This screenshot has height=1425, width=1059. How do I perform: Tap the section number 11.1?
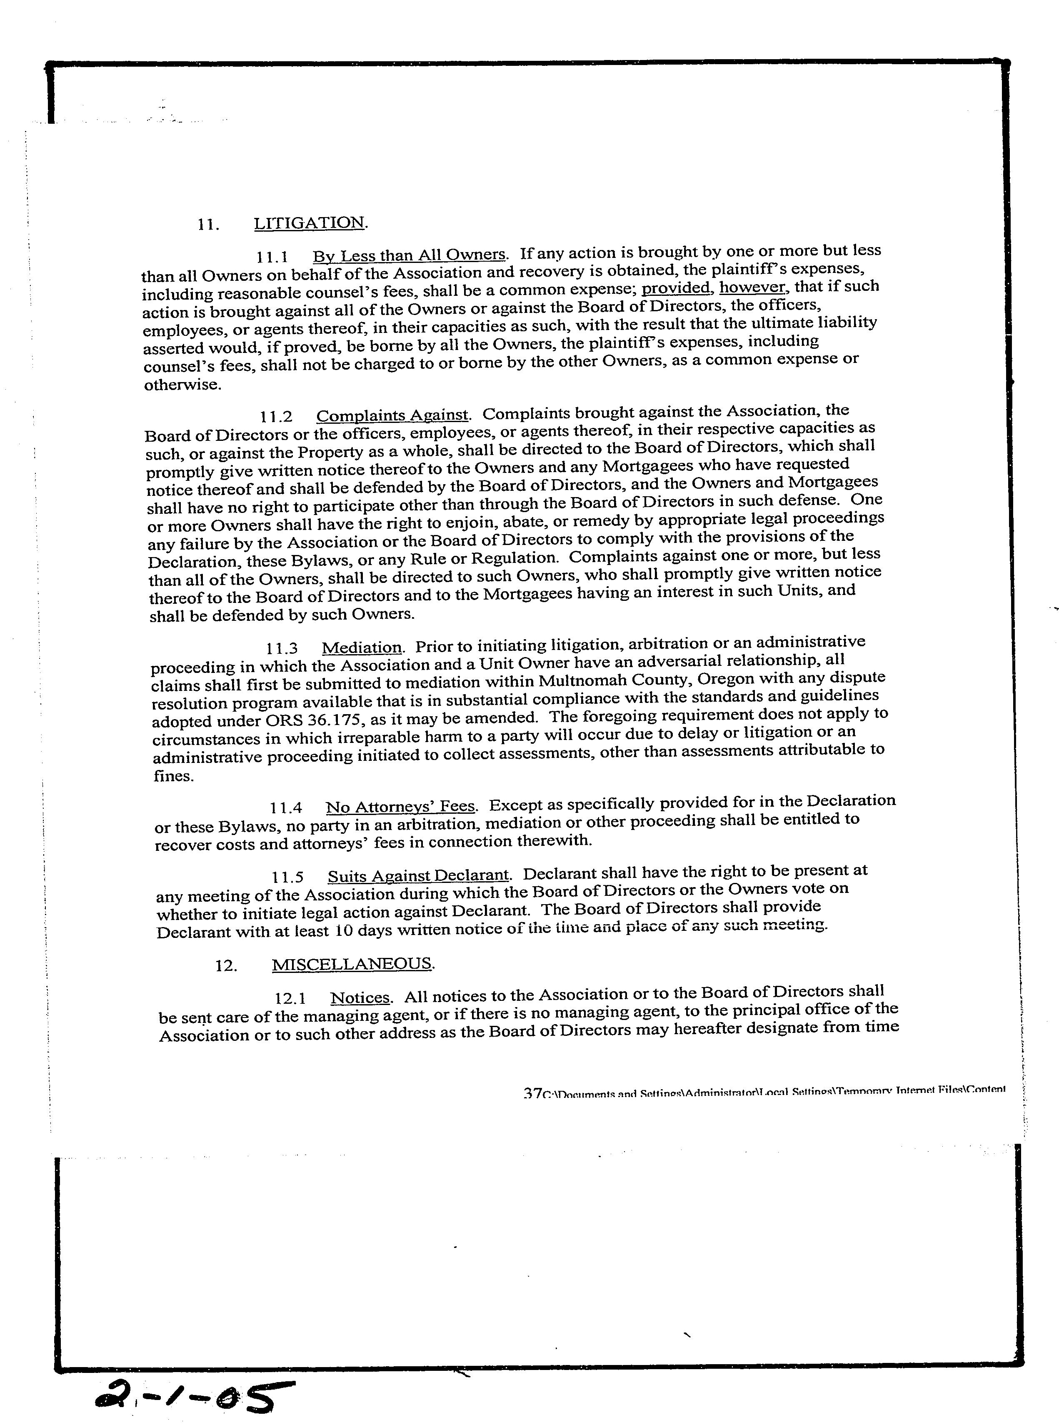tap(272, 257)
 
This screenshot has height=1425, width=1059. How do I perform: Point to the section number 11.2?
tap(276, 417)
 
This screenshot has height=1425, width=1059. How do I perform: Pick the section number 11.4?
tap(286, 807)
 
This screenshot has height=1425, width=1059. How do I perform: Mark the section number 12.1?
tap(290, 998)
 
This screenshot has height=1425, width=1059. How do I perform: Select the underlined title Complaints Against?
tap(393, 415)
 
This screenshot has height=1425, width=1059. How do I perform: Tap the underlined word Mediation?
tap(362, 647)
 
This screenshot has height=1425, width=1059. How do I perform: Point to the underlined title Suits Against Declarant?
tap(419, 876)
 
